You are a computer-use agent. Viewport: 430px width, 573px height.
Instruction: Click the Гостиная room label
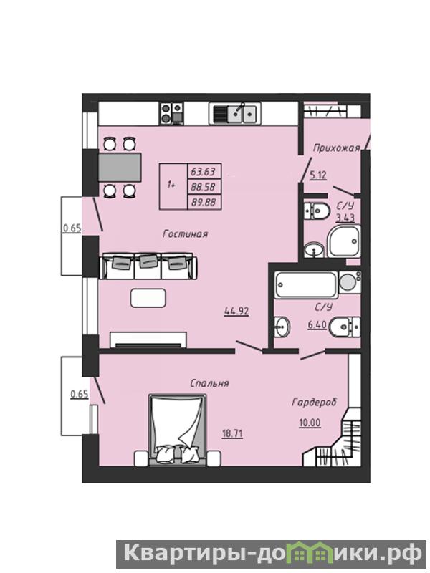coord(185,234)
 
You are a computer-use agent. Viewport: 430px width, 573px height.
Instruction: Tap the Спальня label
coord(209,383)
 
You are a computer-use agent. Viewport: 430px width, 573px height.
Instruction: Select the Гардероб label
coord(314,402)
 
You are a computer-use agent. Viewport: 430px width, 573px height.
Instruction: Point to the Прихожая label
coord(336,148)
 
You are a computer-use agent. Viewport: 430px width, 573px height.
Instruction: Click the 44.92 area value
coord(236,312)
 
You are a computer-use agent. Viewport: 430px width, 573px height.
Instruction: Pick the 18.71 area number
coord(232,434)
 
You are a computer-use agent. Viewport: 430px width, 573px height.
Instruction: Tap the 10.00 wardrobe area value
coord(310,423)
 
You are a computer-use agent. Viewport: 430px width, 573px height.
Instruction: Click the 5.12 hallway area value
coord(318,175)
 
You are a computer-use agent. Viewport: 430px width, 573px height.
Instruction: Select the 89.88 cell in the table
coord(204,202)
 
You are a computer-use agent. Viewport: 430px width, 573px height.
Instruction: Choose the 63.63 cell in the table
coord(204,171)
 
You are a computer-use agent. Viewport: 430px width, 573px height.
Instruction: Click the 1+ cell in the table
coord(173,186)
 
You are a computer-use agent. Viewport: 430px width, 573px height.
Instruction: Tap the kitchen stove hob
coord(171,114)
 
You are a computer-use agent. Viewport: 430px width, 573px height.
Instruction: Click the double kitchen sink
coord(234,114)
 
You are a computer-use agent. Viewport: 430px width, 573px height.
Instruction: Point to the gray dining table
coord(120,167)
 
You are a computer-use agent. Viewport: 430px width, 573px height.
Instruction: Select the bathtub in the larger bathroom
coord(307,284)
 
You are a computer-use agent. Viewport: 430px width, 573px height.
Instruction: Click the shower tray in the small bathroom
coord(344,241)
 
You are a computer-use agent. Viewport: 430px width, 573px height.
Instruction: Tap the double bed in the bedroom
coord(178,430)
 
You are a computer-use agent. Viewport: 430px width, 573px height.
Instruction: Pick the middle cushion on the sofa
coord(148,260)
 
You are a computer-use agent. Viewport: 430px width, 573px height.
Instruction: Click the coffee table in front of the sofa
coord(148,298)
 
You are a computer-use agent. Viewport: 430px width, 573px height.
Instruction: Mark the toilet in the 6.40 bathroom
coord(344,327)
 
